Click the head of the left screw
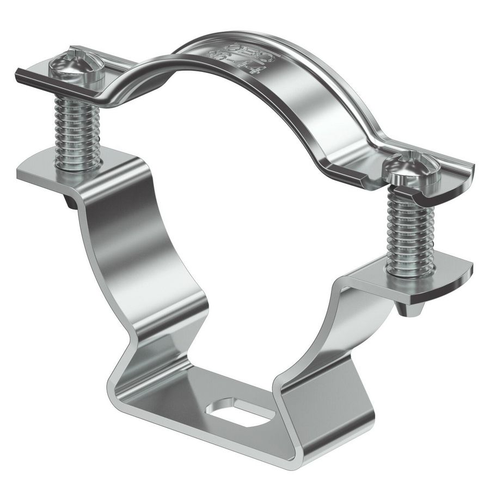77,66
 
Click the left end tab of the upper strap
33,76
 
